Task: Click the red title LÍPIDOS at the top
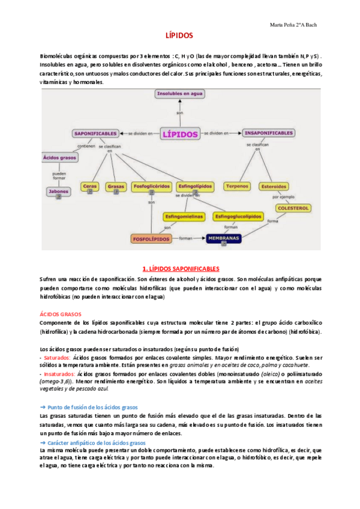pyautogui.click(x=179, y=36)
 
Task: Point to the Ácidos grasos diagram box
pyautogui.click(x=59, y=158)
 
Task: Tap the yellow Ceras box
pyautogui.click(x=90, y=187)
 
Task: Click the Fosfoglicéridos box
pyautogui.click(x=151, y=187)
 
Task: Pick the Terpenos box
pyautogui.click(x=237, y=187)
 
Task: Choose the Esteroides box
pyautogui.click(x=274, y=187)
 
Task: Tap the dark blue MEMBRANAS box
pyautogui.click(x=224, y=239)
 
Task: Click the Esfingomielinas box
pyautogui.click(x=184, y=216)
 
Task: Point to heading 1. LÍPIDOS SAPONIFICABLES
pyautogui.click(x=179, y=269)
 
